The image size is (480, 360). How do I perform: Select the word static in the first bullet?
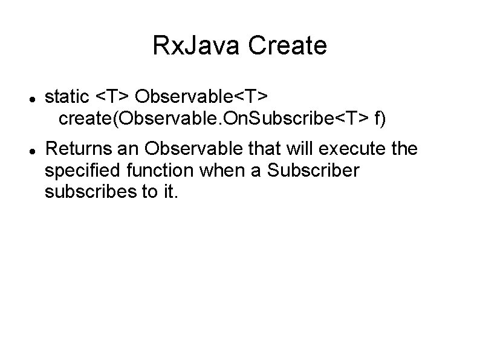68,96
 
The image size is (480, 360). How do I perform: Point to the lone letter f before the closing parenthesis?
378,119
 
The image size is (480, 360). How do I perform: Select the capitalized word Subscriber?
314,171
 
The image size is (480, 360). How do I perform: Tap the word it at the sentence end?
169,194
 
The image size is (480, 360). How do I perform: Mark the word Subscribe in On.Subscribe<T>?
303,119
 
